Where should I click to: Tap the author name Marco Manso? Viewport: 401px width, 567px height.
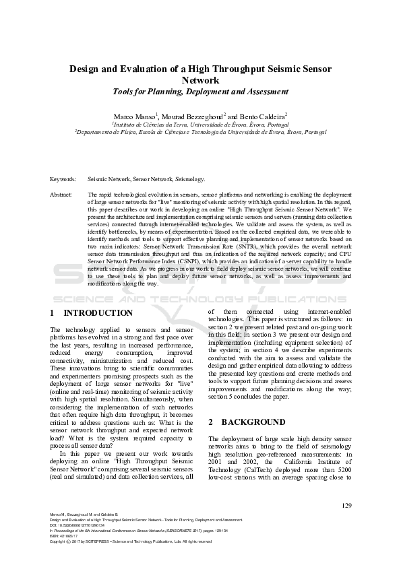pyautogui.click(x=135, y=116)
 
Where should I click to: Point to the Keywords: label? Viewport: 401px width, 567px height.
pyautogui.click(x=63, y=180)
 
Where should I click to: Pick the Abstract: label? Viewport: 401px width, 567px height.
pyautogui.click(x=61, y=194)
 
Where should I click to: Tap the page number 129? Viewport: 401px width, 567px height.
pyautogui.click(x=347, y=506)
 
